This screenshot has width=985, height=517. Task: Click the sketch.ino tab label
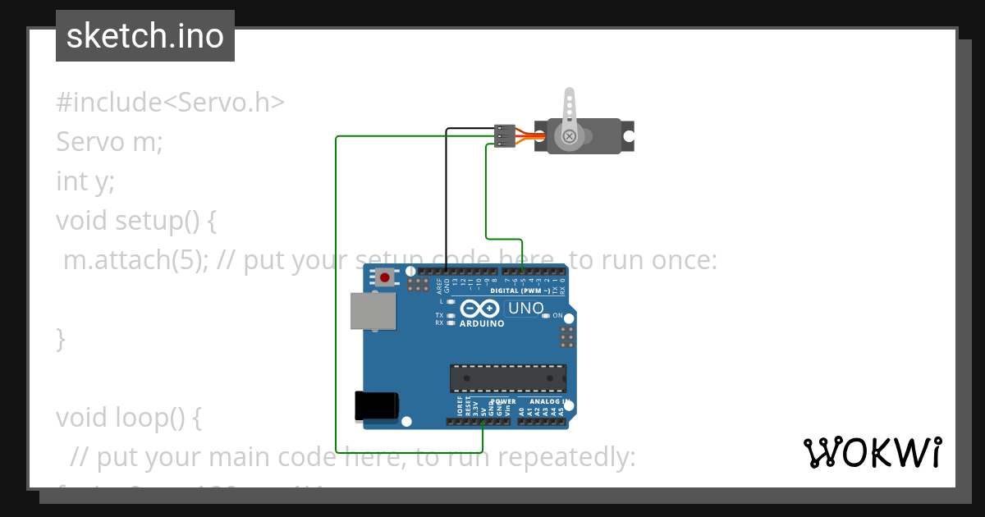[x=145, y=36]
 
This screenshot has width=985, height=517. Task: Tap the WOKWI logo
[x=872, y=452]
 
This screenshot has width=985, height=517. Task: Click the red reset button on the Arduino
[x=384, y=277]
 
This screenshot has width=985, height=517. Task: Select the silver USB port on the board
[x=372, y=312]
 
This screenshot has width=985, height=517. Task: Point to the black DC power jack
[x=376, y=406]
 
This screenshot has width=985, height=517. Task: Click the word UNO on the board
[x=526, y=309]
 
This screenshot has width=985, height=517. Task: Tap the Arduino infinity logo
[x=480, y=309]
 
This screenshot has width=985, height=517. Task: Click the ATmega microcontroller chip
[x=507, y=377]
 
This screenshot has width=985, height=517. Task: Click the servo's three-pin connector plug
[x=504, y=135]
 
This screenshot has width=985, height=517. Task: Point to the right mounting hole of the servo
[x=629, y=135]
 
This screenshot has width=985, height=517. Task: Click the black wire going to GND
[x=446, y=197]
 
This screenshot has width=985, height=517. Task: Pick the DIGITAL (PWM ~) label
[x=519, y=291]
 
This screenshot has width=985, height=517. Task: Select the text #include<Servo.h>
[x=170, y=103]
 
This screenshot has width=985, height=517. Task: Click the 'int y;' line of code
[x=85, y=181]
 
